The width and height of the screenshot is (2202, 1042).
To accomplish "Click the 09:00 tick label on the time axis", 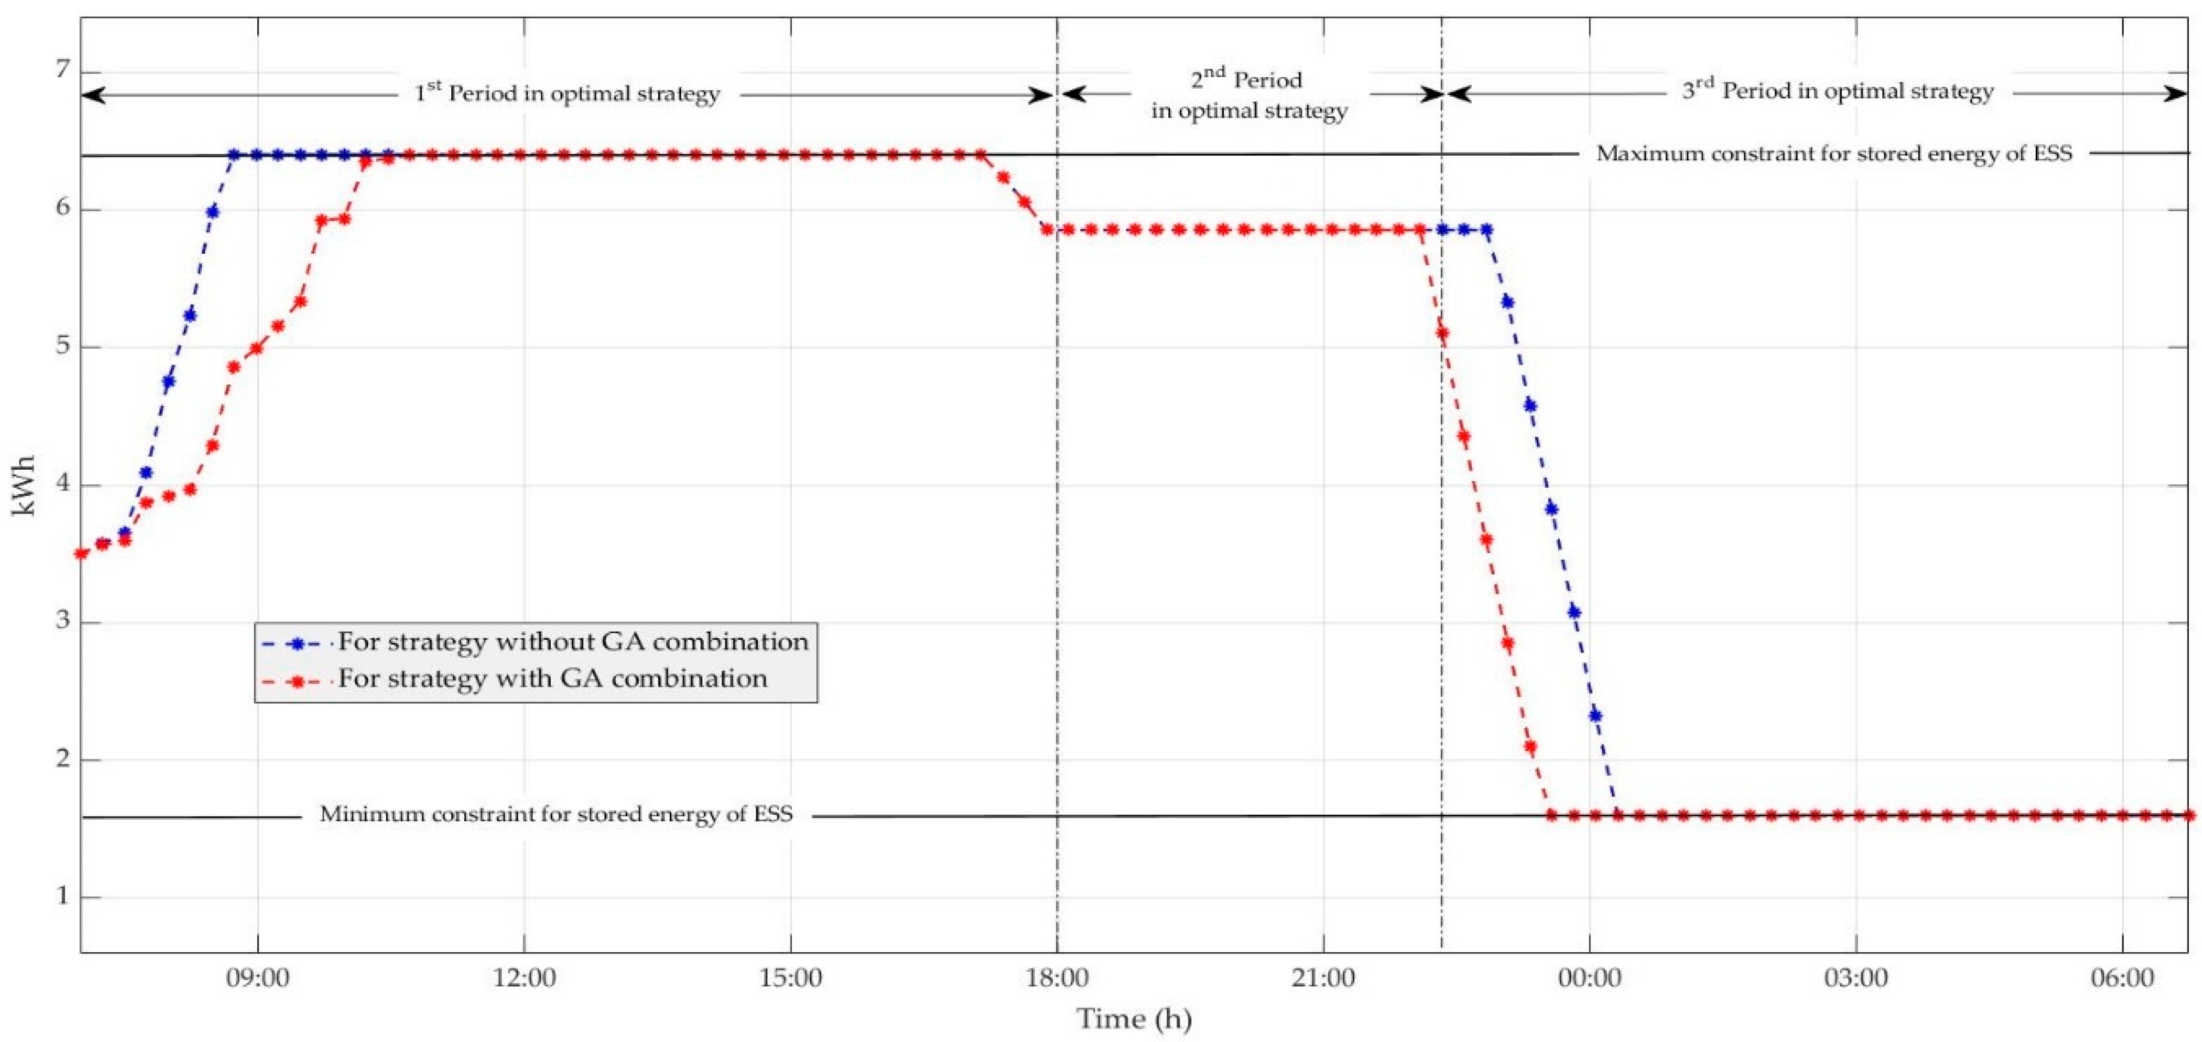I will [x=257, y=977].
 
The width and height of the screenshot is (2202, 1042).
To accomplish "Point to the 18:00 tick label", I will [x=1058, y=977].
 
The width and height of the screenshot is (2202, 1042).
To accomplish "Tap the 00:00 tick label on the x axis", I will [x=1589, y=977].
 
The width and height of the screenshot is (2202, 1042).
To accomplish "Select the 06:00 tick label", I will [x=2122, y=977].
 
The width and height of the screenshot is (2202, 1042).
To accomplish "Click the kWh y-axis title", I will [x=24, y=485].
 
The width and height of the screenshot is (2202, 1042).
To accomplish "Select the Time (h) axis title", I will [x=1134, y=1019].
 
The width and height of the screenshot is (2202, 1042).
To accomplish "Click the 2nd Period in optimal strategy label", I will [x=1248, y=95].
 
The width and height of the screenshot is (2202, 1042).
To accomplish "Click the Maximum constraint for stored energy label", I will [x=1833, y=154].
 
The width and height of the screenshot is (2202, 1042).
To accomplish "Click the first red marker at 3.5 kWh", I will [x=81, y=554].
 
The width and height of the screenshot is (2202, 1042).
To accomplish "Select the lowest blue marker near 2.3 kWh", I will [x=1595, y=715].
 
